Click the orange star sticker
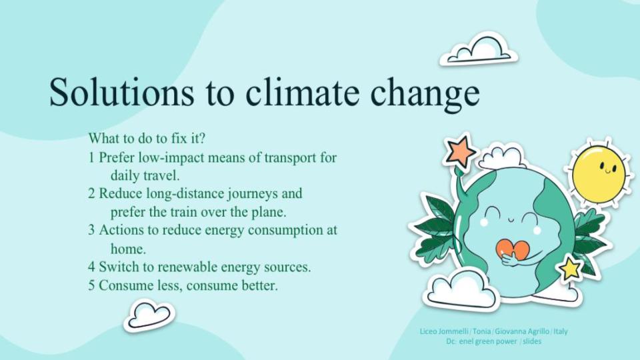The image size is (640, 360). [461, 152]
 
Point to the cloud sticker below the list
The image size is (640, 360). [149, 314]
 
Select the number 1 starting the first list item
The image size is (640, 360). [92, 158]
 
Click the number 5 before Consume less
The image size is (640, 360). [92, 285]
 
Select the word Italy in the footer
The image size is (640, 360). [560, 331]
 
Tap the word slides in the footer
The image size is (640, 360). [531, 341]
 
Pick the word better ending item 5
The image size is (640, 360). [259, 285]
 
